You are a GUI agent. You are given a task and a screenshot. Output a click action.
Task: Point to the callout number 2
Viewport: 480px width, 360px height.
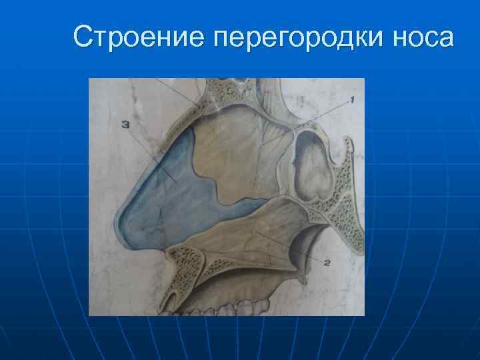pyautogui.click(x=327, y=262)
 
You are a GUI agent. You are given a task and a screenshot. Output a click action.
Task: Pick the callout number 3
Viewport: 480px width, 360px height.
pyautogui.click(x=125, y=124)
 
